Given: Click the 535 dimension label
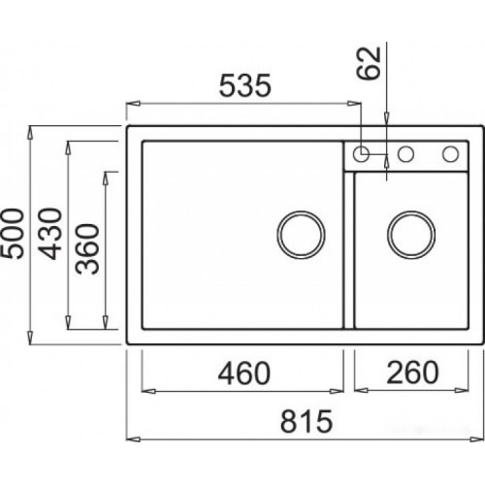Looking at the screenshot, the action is pyautogui.click(x=244, y=85).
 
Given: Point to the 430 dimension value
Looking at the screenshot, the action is pyautogui.click(x=49, y=234).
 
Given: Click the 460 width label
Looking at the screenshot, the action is pyautogui.click(x=243, y=373).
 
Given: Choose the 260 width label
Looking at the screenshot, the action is pyautogui.click(x=412, y=372).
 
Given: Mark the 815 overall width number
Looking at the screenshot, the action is pyautogui.click(x=307, y=421).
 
